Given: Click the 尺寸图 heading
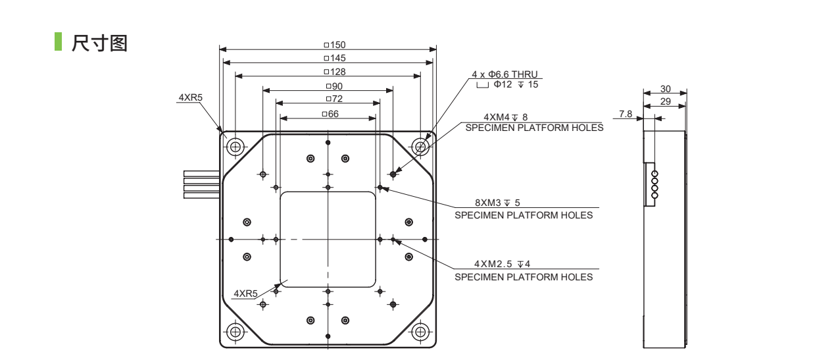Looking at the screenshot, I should [x=99, y=44].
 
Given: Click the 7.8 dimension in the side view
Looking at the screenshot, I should [x=626, y=114].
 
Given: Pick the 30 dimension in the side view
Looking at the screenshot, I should [x=665, y=89].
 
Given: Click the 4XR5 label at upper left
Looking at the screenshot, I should [x=190, y=97].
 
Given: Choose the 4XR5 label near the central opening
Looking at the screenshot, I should [x=245, y=293].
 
